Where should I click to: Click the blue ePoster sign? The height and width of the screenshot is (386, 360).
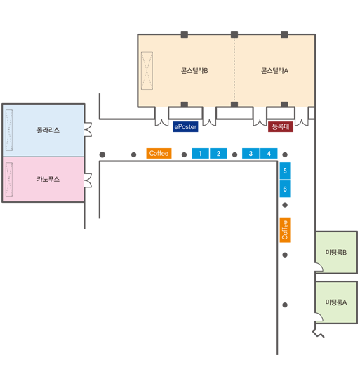point(185,126)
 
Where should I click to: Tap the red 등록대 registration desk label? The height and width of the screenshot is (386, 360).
point(281,126)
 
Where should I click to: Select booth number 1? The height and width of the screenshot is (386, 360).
point(200,154)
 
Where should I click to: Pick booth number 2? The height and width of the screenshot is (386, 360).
point(218,154)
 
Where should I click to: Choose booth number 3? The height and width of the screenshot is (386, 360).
point(251,154)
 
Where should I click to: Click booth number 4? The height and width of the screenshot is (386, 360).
point(269,154)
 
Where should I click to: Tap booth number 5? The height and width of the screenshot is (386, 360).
point(285,171)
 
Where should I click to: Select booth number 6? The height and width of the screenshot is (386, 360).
point(285,189)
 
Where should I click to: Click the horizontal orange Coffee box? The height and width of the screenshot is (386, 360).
point(159,153)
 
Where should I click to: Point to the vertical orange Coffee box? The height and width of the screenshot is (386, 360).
point(285,230)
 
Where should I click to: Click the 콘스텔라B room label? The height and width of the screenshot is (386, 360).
point(194,71)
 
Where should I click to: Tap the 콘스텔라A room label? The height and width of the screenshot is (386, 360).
point(274,71)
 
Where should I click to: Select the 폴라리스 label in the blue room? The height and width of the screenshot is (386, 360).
point(48,130)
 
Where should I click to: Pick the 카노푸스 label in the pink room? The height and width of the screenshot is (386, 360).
point(48,179)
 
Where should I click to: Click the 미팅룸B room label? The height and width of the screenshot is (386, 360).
point(336,253)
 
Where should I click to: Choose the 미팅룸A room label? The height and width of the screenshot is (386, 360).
point(336,302)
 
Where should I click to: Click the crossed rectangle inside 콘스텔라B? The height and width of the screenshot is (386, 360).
point(147,71)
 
